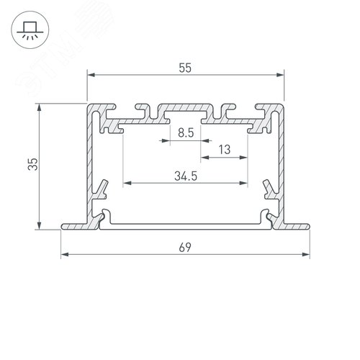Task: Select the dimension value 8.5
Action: [185, 132]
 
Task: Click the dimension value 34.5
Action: [186, 174]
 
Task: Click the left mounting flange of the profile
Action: [76, 225]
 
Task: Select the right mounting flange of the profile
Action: [295, 225]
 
